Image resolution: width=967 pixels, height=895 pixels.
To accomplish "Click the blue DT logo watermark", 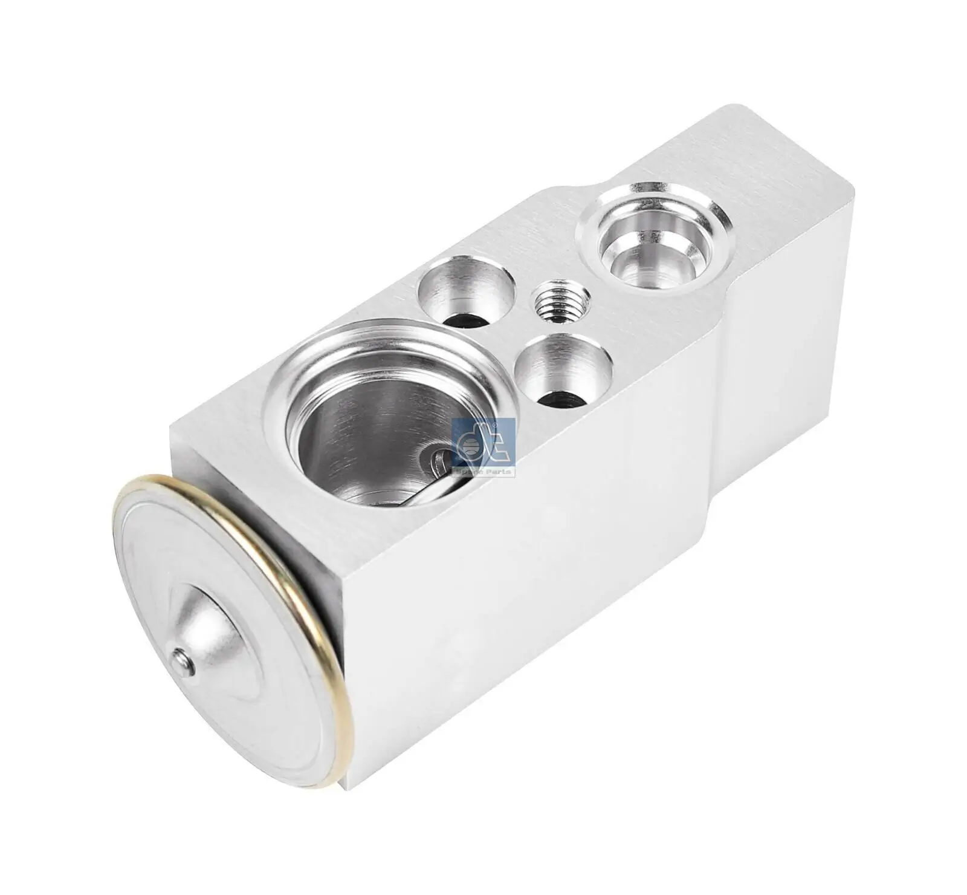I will [x=483, y=445].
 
